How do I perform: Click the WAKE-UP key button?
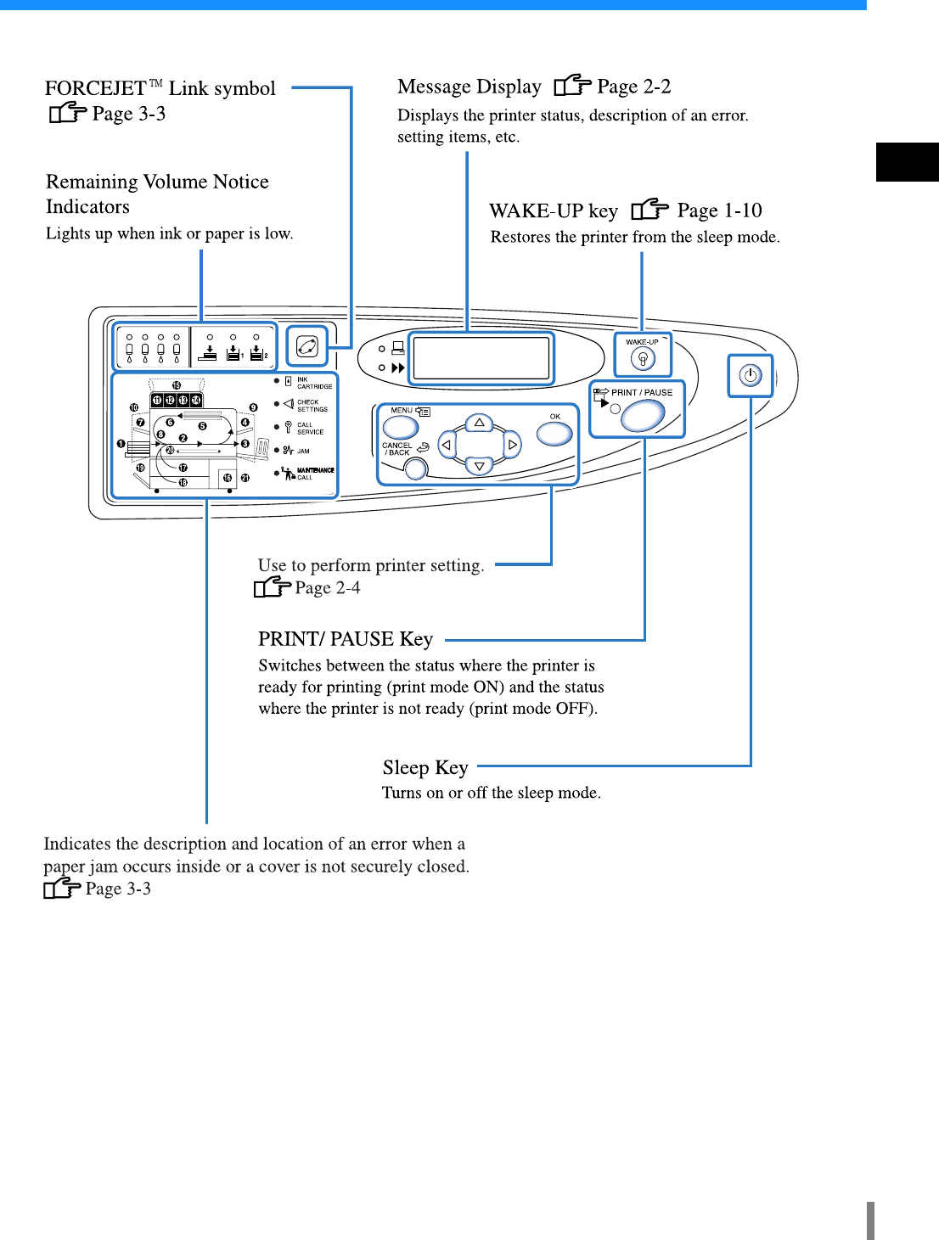pyautogui.click(x=643, y=359)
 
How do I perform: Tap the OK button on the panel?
pyautogui.click(x=554, y=433)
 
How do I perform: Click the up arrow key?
pyautogui.click(x=480, y=423)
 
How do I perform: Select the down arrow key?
pyautogui.click(x=480, y=465)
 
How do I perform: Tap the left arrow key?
pyautogui.click(x=446, y=444)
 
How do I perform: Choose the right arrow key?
pyautogui.click(x=512, y=444)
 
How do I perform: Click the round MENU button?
pyautogui.click(x=401, y=428)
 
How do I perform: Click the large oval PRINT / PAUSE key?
pyautogui.click(x=643, y=415)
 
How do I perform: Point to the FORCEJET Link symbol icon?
pyautogui.click(x=306, y=346)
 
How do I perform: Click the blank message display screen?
pyautogui.click(x=481, y=357)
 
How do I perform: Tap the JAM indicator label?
pyautogui.click(x=303, y=451)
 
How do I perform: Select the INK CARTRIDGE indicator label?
pyautogui.click(x=314, y=383)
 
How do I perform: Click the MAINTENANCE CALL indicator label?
pyautogui.click(x=315, y=474)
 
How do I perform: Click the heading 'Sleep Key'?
pyautogui.click(x=425, y=768)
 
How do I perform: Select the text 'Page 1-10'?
pyautogui.click(x=719, y=210)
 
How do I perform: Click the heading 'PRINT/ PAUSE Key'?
pyautogui.click(x=346, y=639)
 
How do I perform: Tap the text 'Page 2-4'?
pyautogui.click(x=327, y=587)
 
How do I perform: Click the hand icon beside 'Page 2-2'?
pyautogui.click(x=572, y=86)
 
